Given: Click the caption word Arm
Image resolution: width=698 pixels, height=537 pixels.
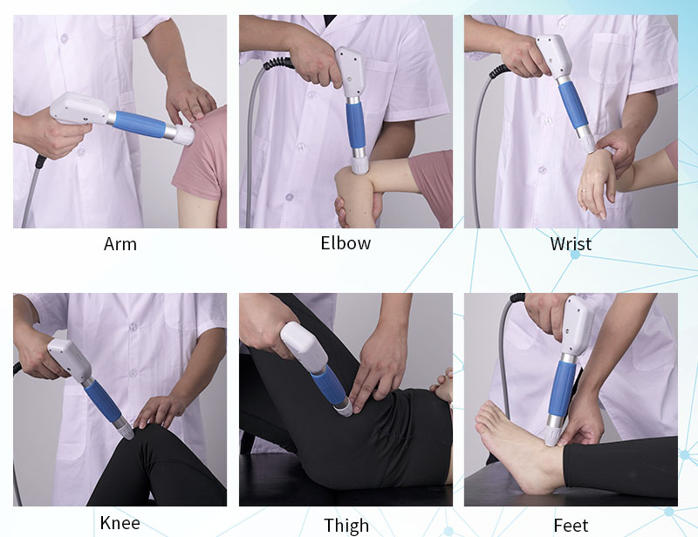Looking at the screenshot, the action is click(x=120, y=244).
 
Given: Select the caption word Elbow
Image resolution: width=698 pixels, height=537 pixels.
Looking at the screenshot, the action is click(x=346, y=243).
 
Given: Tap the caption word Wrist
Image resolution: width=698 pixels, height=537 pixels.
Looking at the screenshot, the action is click(x=571, y=244).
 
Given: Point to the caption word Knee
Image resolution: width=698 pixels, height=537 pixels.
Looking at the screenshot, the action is click(x=120, y=523).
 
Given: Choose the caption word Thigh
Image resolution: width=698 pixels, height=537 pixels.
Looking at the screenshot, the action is click(x=346, y=526).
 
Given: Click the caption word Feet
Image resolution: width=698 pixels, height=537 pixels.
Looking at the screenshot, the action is click(x=571, y=526).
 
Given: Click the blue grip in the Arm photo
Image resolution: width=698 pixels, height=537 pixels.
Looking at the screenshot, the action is click(x=140, y=124).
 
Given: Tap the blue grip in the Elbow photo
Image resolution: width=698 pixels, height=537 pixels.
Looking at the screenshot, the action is click(x=355, y=126).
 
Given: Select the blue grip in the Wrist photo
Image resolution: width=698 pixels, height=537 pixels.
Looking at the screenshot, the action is click(x=573, y=105).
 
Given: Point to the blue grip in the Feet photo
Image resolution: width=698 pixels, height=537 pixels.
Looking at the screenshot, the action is click(x=562, y=389).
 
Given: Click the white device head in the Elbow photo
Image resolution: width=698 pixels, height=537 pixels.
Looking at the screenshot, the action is click(x=351, y=72).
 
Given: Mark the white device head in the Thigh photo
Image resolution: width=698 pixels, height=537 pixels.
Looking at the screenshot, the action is click(x=304, y=348).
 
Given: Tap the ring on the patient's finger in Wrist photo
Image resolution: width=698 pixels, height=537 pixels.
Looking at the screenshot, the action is click(x=583, y=191).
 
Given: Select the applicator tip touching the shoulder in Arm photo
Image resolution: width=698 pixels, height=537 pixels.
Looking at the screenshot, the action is click(x=184, y=134).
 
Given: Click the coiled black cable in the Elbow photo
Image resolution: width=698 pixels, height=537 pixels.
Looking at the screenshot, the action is click(x=278, y=64).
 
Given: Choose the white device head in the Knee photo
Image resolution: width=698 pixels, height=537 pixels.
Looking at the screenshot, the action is click(x=70, y=359).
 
